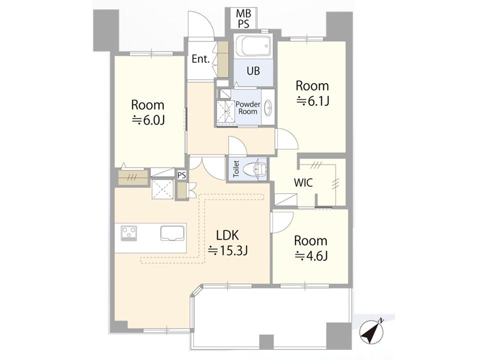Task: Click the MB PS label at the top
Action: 244,18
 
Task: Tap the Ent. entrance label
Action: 200,59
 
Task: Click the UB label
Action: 253,71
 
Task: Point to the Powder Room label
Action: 247,108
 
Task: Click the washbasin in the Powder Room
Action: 268,107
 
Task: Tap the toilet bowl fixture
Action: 254,168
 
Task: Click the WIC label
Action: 303,183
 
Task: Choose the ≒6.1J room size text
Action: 312,100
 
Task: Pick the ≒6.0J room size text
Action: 148,120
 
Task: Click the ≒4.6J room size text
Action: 311,255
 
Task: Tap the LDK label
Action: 227,235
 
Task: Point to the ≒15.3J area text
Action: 228,250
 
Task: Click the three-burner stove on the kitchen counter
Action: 129,233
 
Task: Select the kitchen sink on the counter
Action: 173,232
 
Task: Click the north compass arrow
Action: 371,331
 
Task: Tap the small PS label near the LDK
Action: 181,175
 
